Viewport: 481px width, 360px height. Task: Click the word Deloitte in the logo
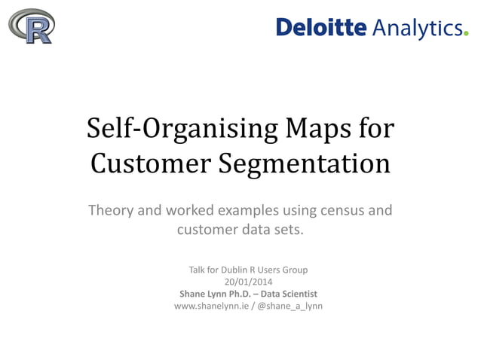(320, 28)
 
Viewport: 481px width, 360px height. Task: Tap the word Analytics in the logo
(415, 28)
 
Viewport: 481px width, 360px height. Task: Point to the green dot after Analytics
(465, 33)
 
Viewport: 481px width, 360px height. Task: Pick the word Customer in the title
(149, 163)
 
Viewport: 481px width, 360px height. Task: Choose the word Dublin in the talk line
(231, 270)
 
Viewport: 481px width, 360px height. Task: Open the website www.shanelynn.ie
(211, 307)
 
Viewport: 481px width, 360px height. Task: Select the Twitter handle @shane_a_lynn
(290, 307)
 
